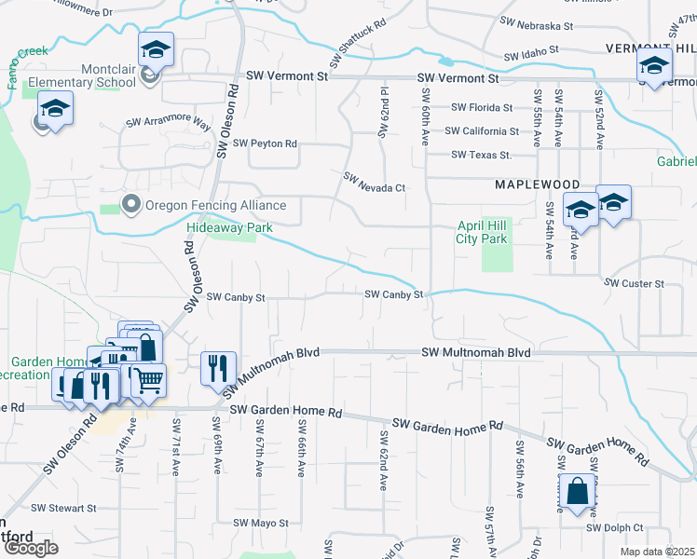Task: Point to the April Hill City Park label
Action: point(482,232)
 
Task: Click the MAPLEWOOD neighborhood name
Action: point(537,185)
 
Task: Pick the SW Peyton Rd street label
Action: point(265,143)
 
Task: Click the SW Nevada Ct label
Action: point(374,182)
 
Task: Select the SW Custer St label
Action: point(634,283)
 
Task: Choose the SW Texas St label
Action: point(481,155)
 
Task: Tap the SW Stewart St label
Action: point(63,508)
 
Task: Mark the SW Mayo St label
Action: point(261,523)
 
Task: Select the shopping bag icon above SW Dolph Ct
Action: point(577,491)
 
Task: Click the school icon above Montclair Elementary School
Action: point(156,48)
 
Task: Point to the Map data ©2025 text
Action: point(658,552)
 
